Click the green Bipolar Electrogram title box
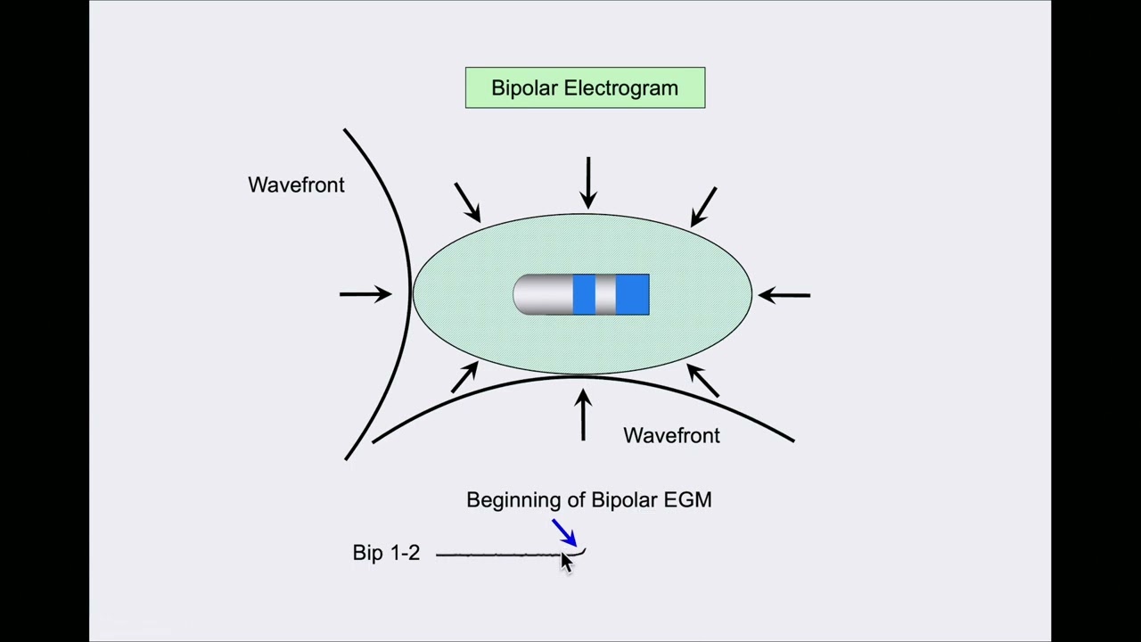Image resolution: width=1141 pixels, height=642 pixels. pyautogui.click(x=585, y=88)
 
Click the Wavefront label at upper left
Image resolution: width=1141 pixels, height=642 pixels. pyautogui.click(x=296, y=185)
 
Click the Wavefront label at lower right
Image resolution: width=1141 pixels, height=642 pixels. pyautogui.click(x=671, y=435)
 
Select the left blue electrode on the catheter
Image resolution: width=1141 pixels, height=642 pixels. pyautogui.click(x=584, y=294)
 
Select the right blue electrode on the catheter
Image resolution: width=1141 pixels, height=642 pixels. pyautogui.click(x=632, y=294)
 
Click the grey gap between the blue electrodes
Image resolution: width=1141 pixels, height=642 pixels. pyautogui.click(x=605, y=294)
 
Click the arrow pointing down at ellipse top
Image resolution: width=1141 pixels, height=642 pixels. pyautogui.click(x=588, y=183)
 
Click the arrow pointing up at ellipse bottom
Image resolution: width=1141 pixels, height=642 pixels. pyautogui.click(x=583, y=415)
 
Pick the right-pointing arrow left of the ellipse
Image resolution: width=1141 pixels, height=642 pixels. pyautogui.click(x=365, y=293)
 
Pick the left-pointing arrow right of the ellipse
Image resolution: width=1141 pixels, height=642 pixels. pyautogui.click(x=784, y=294)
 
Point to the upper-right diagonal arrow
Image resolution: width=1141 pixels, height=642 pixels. pyautogui.click(x=703, y=206)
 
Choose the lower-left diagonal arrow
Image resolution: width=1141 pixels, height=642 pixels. pyautogui.click(x=464, y=377)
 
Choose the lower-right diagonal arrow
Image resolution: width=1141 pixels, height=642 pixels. pyautogui.click(x=703, y=380)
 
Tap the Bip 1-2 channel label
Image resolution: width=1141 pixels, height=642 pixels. pyautogui.click(x=386, y=553)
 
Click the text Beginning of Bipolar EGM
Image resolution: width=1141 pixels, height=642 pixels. pyautogui.click(x=588, y=500)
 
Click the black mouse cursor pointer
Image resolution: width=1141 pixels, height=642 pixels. pyautogui.click(x=566, y=563)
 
